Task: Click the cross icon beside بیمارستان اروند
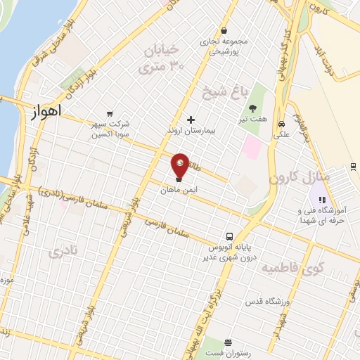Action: [x=191, y=120]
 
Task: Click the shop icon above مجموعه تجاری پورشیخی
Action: [x=224, y=30]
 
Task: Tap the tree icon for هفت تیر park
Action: [x=251, y=108]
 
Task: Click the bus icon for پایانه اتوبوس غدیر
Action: [x=230, y=237]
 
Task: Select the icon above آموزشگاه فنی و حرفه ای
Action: [x=321, y=200]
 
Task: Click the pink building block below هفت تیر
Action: [x=252, y=146]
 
